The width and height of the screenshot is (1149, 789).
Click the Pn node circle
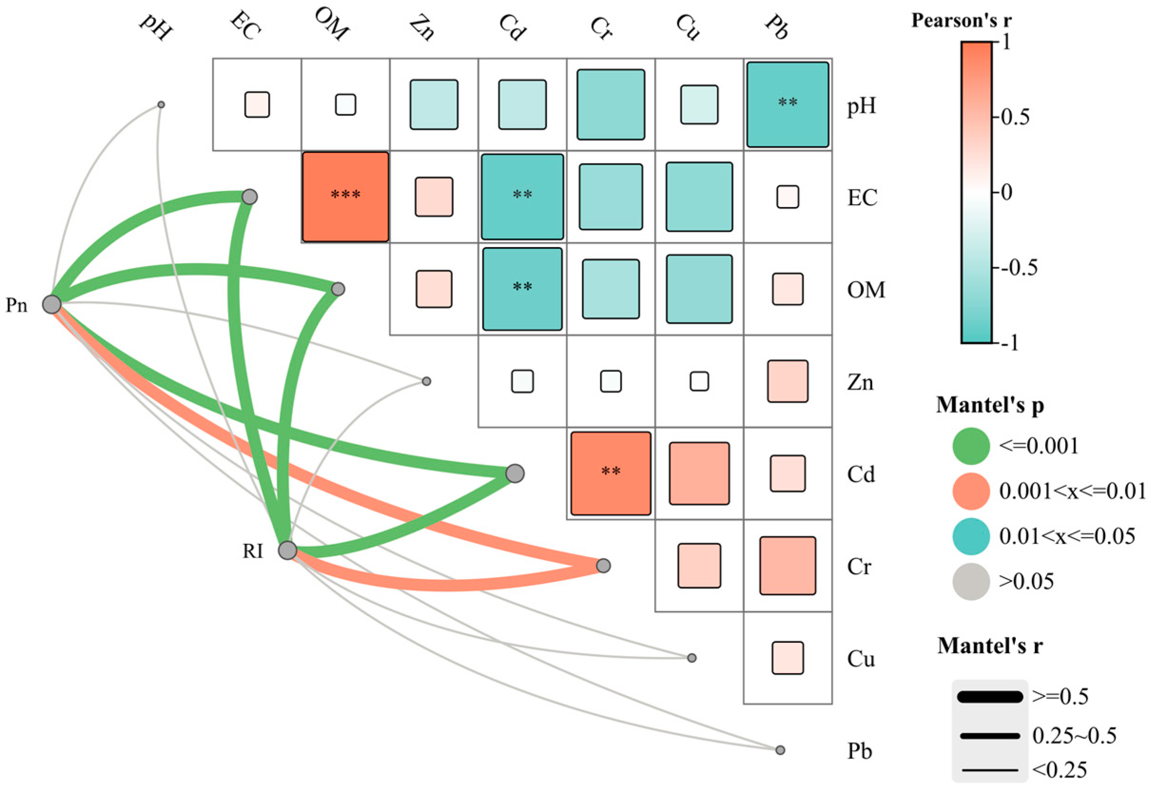pyautogui.click(x=52, y=304)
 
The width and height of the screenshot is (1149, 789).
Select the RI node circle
pyautogui.click(x=288, y=550)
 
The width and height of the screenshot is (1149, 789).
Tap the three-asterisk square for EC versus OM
pyautogui.click(x=345, y=197)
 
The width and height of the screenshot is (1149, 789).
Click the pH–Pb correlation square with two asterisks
pyautogui.click(x=787, y=105)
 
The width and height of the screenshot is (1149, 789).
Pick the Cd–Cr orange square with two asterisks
pyautogui.click(x=610, y=473)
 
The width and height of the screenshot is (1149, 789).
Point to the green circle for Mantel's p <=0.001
pyautogui.click(x=971, y=446)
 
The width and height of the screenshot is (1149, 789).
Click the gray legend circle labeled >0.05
pyautogui.click(x=971, y=581)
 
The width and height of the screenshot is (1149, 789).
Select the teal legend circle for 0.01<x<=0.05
pyautogui.click(x=971, y=536)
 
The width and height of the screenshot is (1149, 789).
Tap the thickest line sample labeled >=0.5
pyautogui.click(x=990, y=697)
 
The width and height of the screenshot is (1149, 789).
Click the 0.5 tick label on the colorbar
pyautogui.click(x=1015, y=118)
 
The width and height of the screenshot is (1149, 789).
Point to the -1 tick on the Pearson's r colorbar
pyautogui.click(x=1009, y=342)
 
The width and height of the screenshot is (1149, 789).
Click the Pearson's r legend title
pyautogui.click(x=962, y=21)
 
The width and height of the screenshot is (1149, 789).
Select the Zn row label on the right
pyautogui.click(x=860, y=382)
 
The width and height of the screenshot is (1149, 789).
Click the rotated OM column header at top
pyautogui.click(x=332, y=25)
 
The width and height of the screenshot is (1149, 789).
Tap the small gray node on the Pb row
pyautogui.click(x=780, y=750)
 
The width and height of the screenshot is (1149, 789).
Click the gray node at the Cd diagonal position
pyautogui.click(x=515, y=473)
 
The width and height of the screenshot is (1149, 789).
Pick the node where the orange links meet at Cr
pyautogui.click(x=603, y=566)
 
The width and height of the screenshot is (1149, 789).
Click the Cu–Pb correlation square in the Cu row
pyautogui.click(x=787, y=657)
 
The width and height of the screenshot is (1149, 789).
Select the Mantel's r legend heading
pyautogui.click(x=990, y=646)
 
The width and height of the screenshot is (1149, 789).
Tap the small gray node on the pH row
pyautogui.click(x=161, y=105)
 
